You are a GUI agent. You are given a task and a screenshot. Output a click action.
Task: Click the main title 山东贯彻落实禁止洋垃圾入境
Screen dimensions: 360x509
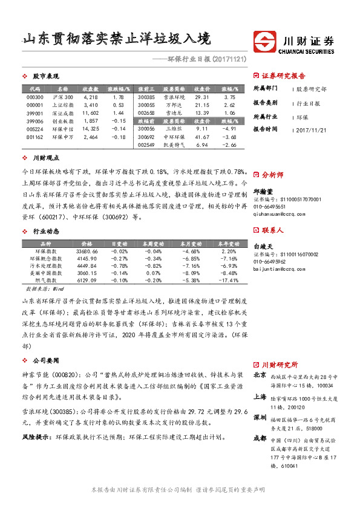[x=116, y=39]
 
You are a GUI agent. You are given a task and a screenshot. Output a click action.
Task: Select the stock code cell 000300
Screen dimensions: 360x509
[x=35, y=97]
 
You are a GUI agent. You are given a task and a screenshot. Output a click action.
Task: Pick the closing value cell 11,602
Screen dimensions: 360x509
[x=90, y=112]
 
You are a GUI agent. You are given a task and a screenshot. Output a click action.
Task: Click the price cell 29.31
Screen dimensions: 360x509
[x=201, y=97]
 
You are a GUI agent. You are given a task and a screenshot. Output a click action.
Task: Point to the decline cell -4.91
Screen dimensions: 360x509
[x=229, y=128]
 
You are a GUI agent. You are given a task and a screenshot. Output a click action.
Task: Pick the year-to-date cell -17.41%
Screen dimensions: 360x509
[x=229, y=280]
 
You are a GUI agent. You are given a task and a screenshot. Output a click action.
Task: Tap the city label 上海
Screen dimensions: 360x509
[x=260, y=397]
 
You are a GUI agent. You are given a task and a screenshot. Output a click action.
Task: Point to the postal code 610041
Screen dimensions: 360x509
[x=290, y=466]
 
